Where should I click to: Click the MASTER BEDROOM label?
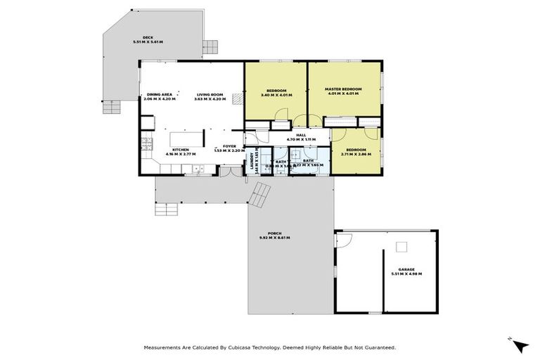tap(342, 89)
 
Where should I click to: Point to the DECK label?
tap(148, 38)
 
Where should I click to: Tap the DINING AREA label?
tap(160, 95)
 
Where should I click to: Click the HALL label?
tap(300, 134)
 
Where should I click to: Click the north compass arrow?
tap(520, 345)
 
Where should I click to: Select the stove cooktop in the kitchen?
tap(146, 145)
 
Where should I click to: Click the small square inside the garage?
tap(401, 246)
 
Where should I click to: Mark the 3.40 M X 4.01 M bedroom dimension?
tap(276, 96)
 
